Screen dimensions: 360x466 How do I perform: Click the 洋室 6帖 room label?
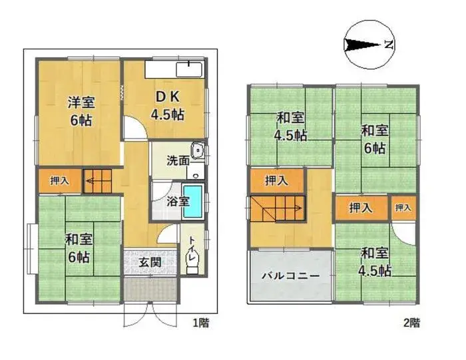[79, 111]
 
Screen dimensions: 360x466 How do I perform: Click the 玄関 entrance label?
[150, 262]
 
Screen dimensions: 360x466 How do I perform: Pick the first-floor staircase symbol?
[97, 180]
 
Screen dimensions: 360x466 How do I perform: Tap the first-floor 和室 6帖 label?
[78, 247]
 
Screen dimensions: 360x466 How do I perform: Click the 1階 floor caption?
[200, 323]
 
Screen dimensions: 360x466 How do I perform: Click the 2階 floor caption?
[411, 323]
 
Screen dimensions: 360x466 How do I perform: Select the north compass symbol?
[369, 45]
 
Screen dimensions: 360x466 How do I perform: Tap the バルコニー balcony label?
[290, 274]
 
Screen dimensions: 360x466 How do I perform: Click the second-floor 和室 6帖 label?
[374, 138]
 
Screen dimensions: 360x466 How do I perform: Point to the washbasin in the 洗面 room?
[197, 151]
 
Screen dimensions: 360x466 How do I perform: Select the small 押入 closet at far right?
[403, 208]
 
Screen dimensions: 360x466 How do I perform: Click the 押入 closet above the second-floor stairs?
[276, 180]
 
